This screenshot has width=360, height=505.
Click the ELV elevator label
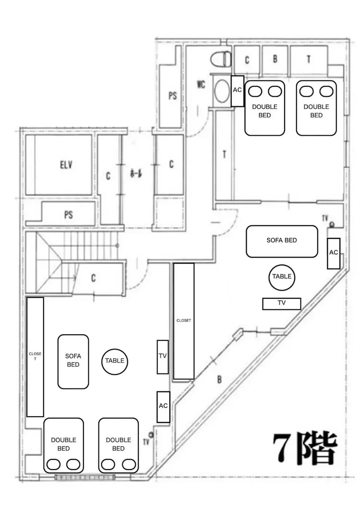66,165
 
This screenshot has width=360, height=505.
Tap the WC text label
201,85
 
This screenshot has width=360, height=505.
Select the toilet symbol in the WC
220,59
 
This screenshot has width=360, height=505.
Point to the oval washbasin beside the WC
222,91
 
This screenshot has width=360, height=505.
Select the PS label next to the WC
172,96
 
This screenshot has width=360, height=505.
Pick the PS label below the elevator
68,214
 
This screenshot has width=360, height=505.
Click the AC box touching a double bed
238,91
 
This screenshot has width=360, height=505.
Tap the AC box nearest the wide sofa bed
334,253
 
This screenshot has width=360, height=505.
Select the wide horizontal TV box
282,304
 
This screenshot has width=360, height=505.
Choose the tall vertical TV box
163,356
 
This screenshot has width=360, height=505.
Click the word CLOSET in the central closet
183,320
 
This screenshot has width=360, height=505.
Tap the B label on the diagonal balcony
219,379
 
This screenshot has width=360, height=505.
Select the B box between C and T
275,59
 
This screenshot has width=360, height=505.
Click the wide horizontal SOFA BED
282,241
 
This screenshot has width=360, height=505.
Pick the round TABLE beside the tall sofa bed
115,361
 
